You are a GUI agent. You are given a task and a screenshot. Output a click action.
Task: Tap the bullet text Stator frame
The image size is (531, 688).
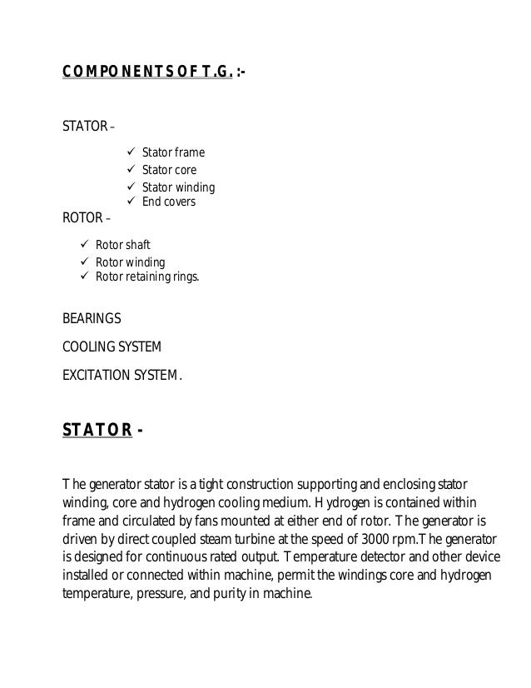173,153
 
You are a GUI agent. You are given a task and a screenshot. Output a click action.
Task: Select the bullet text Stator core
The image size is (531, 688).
169,171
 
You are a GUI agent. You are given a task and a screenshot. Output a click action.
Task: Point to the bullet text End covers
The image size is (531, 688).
169,202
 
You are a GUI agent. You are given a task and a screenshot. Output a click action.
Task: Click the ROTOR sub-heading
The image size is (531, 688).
82,219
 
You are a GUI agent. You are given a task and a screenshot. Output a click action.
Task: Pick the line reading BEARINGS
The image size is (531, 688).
92,319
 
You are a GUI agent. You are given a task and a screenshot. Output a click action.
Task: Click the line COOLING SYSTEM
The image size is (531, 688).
112,346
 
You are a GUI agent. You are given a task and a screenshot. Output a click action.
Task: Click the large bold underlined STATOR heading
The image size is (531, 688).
97,430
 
